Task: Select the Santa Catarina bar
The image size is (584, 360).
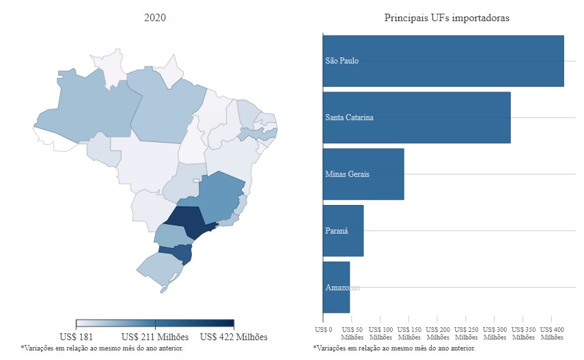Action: (417, 117)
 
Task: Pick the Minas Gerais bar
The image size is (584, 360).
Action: (363, 174)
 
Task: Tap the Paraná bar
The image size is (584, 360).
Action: (343, 231)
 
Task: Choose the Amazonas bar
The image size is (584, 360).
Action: (336, 288)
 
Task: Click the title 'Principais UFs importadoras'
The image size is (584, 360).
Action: (447, 18)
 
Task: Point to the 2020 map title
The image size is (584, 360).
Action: (155, 18)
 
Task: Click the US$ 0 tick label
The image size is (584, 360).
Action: (323, 329)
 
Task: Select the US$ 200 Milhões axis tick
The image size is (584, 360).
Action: (438, 333)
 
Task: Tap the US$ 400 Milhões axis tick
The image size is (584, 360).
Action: (552, 333)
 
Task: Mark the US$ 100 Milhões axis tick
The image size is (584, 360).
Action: (380, 333)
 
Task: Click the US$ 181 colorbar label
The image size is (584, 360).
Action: (77, 337)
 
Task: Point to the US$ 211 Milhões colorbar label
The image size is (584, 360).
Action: (155, 337)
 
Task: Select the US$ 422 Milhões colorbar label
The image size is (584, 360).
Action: (234, 337)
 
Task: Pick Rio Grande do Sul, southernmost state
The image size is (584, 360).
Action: (158, 271)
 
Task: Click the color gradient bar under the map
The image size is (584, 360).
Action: (155, 324)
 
